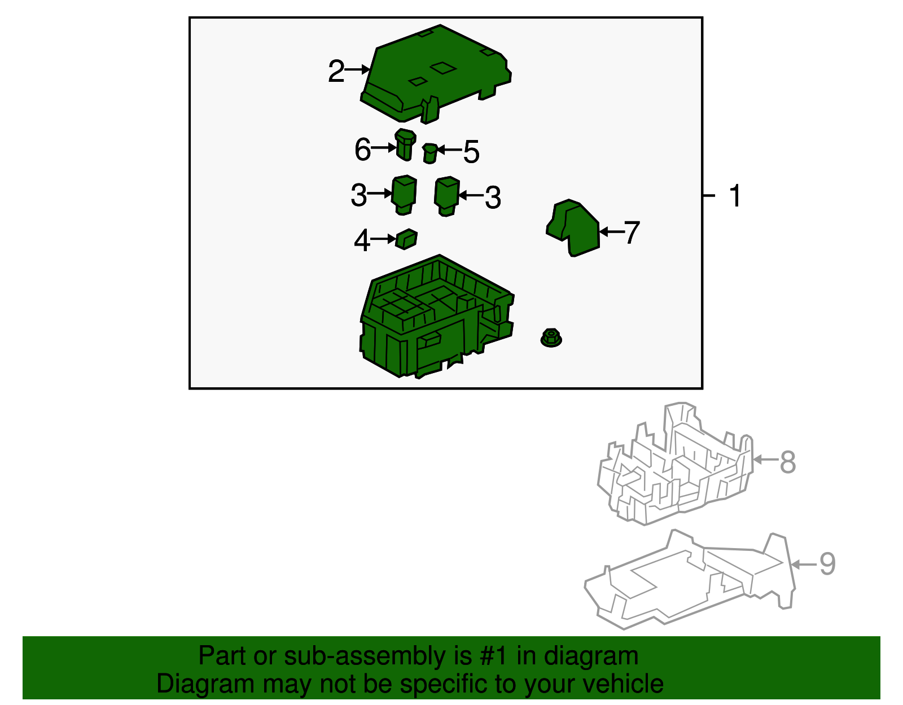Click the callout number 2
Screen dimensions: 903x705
(336, 71)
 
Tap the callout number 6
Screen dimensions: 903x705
(362, 149)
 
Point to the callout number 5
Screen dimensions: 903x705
(471, 151)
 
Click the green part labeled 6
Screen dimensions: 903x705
(405, 144)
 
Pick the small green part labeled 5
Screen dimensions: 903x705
(430, 154)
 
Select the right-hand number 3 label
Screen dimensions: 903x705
(493, 198)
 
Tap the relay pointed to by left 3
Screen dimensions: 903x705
(404, 195)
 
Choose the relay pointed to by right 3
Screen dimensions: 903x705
(447, 196)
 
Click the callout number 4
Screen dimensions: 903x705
(362, 240)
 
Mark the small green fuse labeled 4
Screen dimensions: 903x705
(406, 239)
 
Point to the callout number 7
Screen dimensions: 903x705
(632, 232)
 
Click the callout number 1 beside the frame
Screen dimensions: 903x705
(735, 196)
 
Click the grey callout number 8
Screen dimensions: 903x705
(788, 462)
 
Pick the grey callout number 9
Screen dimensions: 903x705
(827, 564)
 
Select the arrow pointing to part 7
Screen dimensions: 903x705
(612, 231)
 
